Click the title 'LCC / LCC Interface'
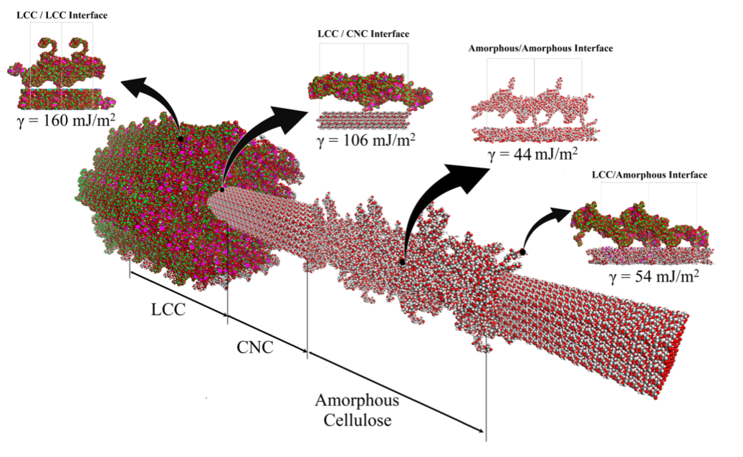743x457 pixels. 62,14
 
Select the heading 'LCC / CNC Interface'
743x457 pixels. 363,34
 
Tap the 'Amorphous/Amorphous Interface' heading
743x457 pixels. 540,49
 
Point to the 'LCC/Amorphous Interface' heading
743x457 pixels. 649,175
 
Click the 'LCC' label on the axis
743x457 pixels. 168,310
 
